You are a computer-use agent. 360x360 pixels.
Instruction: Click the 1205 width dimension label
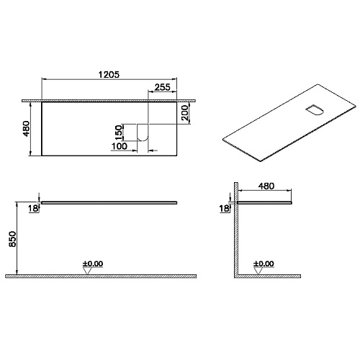(109, 75)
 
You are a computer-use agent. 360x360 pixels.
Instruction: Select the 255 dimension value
(163, 87)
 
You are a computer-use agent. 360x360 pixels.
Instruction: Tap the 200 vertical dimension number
(184, 112)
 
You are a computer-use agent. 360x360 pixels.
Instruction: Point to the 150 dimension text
(119, 132)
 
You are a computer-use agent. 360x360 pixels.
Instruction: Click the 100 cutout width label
(120, 146)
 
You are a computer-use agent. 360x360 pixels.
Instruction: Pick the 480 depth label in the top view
(27, 129)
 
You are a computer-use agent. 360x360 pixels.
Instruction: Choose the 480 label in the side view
(266, 186)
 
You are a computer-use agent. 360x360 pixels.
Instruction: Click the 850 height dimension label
(12, 239)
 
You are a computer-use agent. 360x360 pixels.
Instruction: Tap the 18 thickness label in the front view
(33, 208)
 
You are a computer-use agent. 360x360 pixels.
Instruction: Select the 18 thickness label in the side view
(224, 208)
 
